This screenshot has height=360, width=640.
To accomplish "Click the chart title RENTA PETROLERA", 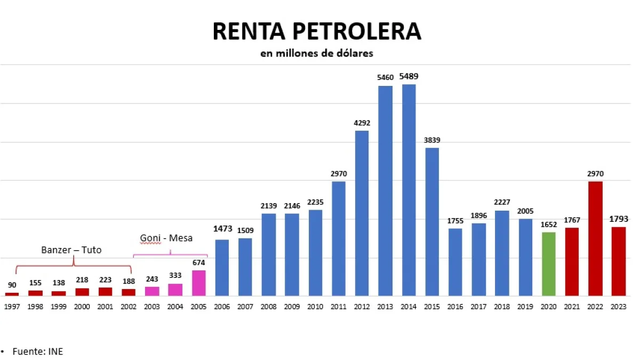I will (x=317, y=31).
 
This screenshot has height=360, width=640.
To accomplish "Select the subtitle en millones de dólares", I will (x=317, y=53).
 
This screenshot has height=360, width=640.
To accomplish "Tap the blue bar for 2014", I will (x=409, y=189).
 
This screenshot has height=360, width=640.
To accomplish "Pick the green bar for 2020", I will (x=548, y=263).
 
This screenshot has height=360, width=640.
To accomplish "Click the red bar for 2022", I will (x=595, y=238).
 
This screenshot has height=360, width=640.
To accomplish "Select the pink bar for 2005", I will (x=199, y=283).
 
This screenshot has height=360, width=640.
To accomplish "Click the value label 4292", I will (x=362, y=123).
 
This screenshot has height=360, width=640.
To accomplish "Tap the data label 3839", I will (x=432, y=140).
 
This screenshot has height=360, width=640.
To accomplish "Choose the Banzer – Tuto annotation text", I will (x=71, y=250).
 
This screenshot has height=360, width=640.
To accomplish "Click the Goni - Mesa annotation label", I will (x=166, y=238).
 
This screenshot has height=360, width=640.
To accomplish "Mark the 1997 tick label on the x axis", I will (x=12, y=307).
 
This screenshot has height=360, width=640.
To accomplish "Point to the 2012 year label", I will (x=362, y=307).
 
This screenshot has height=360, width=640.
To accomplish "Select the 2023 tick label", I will (x=619, y=307).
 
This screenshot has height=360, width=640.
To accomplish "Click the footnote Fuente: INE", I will (x=37, y=351).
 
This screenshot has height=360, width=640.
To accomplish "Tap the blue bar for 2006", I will (x=222, y=267).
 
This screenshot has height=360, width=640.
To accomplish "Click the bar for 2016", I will (x=455, y=262).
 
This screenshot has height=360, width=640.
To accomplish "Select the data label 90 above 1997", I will (x=12, y=285).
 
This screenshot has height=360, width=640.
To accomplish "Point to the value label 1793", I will (x=619, y=218).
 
